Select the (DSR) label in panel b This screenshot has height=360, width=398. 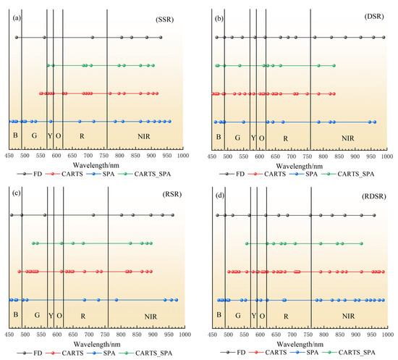[x=369, y=15]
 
